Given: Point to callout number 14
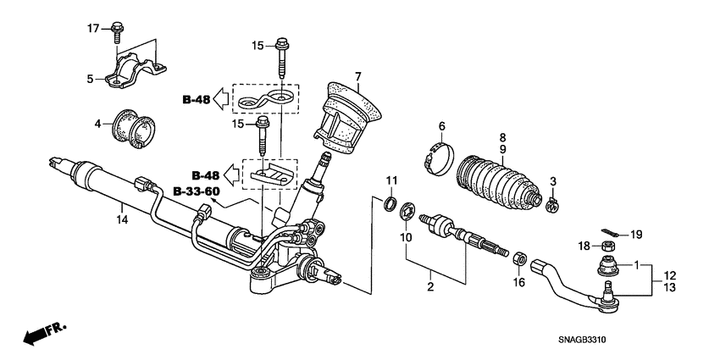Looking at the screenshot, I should coord(122,220).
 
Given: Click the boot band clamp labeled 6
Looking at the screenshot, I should coord(438,160).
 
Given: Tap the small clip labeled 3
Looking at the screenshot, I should coord(551,203).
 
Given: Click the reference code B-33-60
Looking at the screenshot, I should coord(197,191).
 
